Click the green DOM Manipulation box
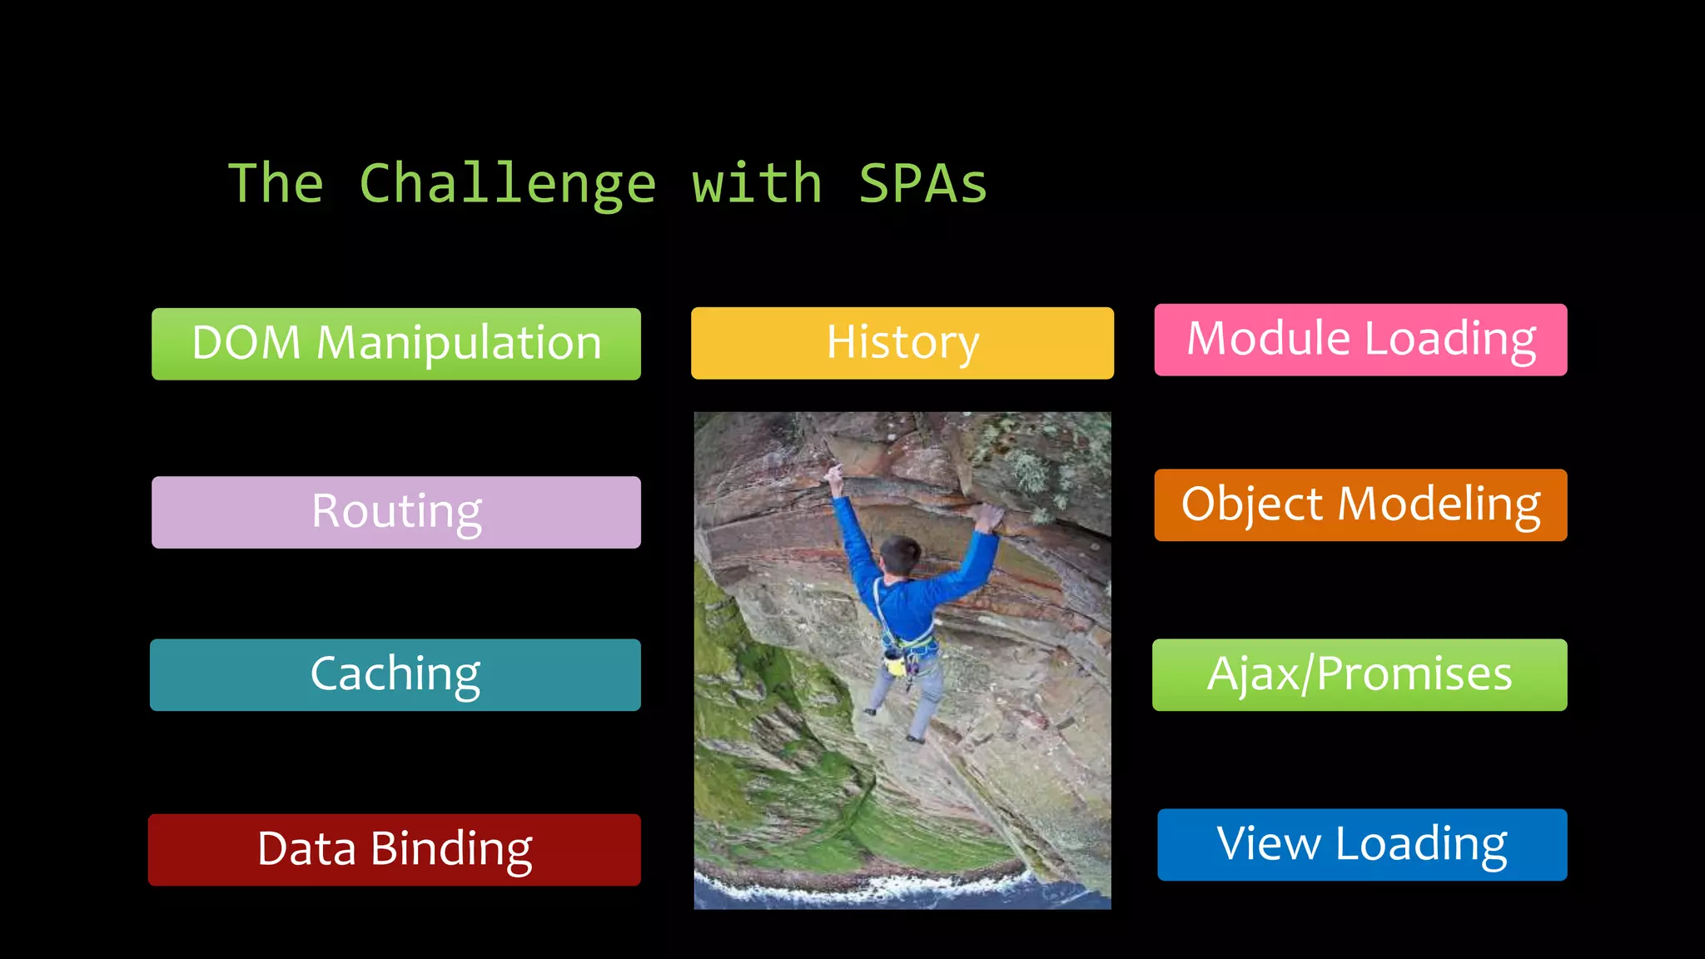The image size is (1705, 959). point(396,344)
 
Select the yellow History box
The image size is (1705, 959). point(902,343)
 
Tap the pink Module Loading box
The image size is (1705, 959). point(1360,340)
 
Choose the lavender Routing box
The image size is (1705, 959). point(396,512)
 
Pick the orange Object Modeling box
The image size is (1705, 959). point(1360,505)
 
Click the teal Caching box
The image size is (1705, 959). point(395,674)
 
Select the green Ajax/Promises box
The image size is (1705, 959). point(1360,674)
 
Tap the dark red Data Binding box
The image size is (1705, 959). point(395,849)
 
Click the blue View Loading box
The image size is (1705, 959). point(1362,844)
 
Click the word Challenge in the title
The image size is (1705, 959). point(508,184)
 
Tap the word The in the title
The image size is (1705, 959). point(276,184)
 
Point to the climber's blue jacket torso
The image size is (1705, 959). point(905,612)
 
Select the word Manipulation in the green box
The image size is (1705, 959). point(459,344)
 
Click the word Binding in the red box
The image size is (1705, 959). point(450,849)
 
